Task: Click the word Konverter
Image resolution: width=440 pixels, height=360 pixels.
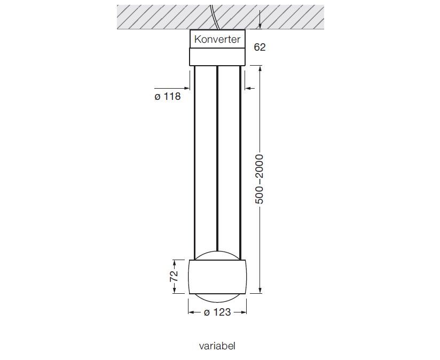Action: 217,40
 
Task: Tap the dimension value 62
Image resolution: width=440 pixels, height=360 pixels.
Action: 260,47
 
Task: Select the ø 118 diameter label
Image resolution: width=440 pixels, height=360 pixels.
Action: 168,97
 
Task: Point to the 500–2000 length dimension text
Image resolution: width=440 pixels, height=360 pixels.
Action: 260,179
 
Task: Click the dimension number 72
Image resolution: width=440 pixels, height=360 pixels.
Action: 174,276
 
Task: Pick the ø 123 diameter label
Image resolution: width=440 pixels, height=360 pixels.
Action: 217,312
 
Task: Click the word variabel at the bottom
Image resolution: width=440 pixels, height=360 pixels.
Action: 217,346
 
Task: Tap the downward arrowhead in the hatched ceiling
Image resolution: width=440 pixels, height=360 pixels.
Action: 261,25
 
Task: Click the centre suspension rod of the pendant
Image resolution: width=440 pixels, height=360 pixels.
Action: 217,158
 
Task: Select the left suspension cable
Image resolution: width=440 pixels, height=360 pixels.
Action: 194,163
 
